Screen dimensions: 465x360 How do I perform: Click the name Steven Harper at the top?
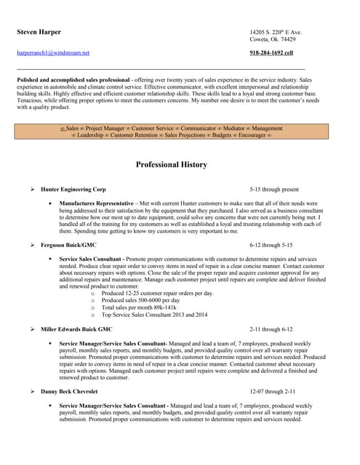pyautogui.click(x=39, y=33)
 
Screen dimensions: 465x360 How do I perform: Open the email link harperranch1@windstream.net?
pyautogui.click(x=53, y=53)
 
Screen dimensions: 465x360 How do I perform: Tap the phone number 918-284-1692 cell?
pyautogui.click(x=271, y=53)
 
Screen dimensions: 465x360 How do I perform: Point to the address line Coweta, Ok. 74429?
pyautogui.click(x=272, y=40)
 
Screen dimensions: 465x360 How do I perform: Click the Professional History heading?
pyautogui.click(x=172, y=165)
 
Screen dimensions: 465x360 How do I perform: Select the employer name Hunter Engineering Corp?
pyautogui.click(x=73, y=189)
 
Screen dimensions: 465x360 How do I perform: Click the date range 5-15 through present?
pyautogui.click(x=273, y=189)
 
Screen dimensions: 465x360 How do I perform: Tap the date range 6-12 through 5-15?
pyautogui.click(x=271, y=246)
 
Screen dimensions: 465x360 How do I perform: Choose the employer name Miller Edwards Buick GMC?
pyautogui.click(x=76, y=329)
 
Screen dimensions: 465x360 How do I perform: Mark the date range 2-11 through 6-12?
pyautogui.click(x=271, y=329)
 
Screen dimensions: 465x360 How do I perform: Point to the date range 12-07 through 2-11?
pyautogui.click(x=272, y=392)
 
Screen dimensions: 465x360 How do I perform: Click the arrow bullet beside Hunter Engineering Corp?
pyautogui.click(x=32, y=189)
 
